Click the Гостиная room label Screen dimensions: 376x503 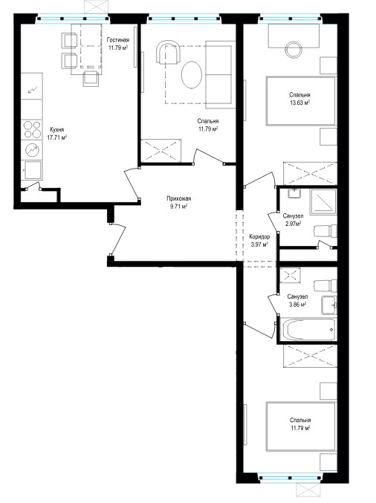118,40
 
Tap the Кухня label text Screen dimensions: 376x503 56,130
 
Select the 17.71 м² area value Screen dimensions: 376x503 56,137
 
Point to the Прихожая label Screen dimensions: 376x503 178,198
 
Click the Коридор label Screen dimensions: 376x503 259,237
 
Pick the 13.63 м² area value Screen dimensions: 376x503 299,103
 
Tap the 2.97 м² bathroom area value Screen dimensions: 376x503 294,224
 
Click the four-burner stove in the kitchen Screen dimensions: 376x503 32,129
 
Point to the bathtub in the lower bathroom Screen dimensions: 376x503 308,329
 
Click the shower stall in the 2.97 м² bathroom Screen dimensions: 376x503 322,202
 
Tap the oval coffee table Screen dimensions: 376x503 192,75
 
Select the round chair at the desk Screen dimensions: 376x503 294,50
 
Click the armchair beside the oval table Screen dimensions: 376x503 168,52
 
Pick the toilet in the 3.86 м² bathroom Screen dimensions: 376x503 325,286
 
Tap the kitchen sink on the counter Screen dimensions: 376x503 32,169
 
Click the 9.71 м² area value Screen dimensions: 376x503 178,207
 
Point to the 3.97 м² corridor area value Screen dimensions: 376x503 259,244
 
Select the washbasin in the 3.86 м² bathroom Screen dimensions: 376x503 329,305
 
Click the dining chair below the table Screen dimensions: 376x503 91,79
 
